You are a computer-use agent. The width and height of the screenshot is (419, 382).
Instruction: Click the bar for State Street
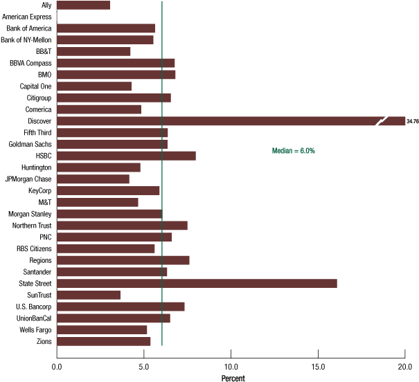197,283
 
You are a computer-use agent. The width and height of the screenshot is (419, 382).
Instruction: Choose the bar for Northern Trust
122,226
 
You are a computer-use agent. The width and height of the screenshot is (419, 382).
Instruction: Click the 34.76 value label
413,121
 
